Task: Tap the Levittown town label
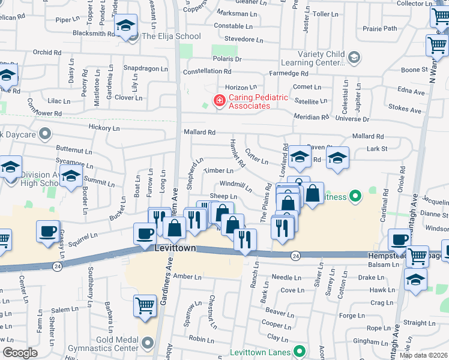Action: coord(175,248)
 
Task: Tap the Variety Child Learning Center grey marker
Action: coord(354,57)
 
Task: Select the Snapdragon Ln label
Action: coord(146,69)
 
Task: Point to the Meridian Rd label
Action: coord(312,117)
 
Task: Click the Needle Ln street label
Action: coord(286,278)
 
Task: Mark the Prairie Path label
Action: coord(380,28)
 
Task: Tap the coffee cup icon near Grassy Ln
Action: coord(48,232)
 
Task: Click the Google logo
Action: coord(20,353)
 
